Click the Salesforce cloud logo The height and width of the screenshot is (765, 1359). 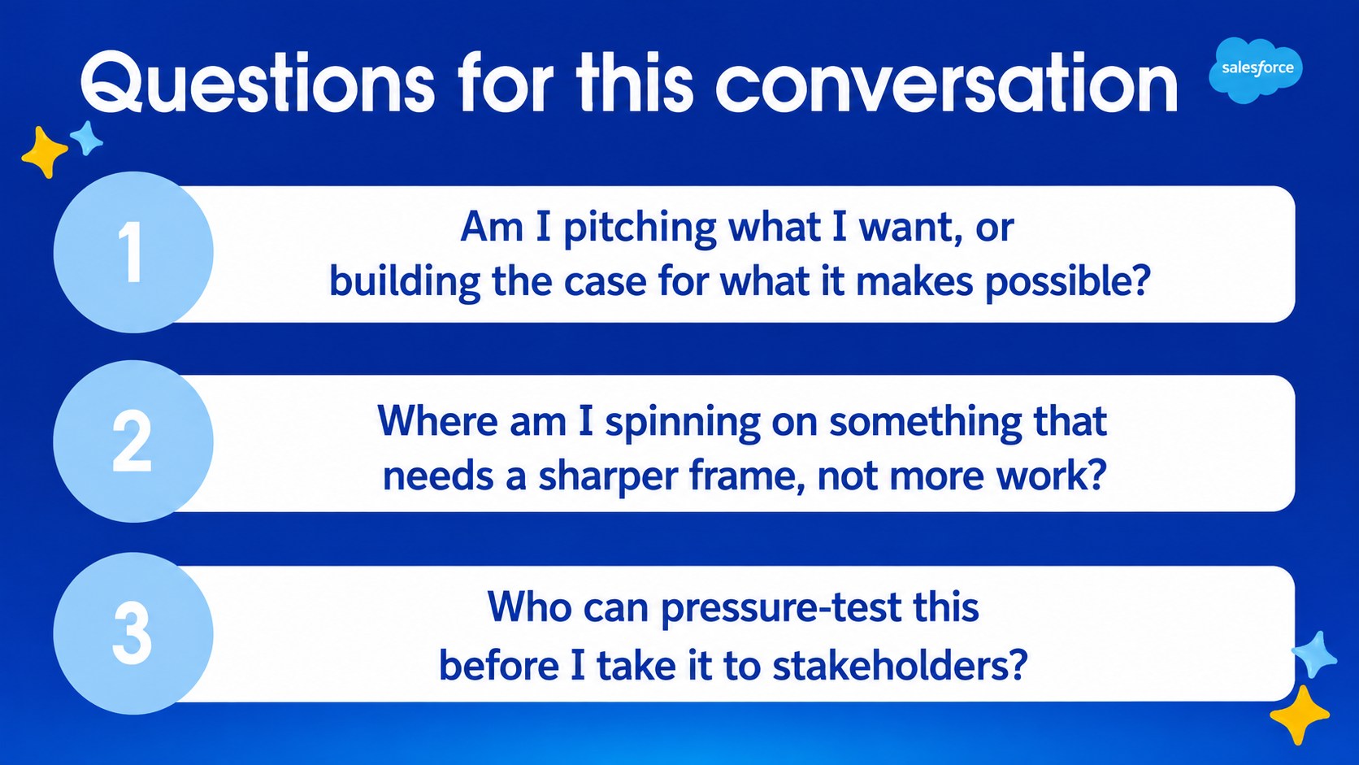point(1255,70)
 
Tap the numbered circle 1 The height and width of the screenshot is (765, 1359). point(133,252)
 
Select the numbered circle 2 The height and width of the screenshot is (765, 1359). point(133,441)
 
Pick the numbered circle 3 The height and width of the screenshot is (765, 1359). point(133,632)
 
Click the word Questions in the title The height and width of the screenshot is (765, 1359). point(258,83)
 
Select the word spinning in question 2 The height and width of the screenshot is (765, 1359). point(683,423)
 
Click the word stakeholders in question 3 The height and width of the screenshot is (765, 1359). point(900,666)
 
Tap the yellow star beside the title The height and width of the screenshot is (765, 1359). point(44,152)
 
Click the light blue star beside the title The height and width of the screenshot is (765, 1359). point(86,138)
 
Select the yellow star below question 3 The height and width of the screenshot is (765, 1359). point(1299,715)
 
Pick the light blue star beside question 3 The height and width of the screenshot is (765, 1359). point(1314,654)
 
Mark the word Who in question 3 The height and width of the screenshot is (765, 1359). point(530,607)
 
